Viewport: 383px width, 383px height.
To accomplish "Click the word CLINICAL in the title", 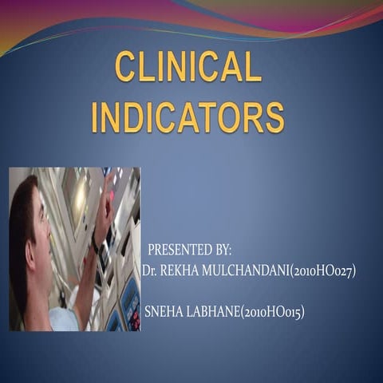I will click(x=188, y=66).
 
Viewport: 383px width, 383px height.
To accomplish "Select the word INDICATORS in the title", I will click(x=188, y=116).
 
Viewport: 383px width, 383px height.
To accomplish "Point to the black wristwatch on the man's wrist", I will click(x=95, y=240).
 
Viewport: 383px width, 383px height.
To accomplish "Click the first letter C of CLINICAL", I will click(x=126, y=66).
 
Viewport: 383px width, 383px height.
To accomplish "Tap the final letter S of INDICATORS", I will click(x=274, y=116).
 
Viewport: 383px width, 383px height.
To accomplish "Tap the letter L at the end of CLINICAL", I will click(x=253, y=66).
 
